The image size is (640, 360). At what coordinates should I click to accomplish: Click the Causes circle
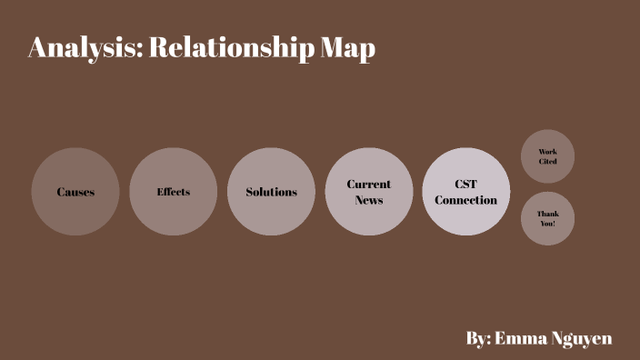(x=75, y=192)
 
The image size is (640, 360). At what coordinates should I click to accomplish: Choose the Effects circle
(x=174, y=192)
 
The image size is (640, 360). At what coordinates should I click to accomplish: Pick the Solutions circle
(x=271, y=192)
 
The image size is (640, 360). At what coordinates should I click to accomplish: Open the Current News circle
(x=369, y=192)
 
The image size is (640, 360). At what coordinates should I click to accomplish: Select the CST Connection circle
(x=466, y=192)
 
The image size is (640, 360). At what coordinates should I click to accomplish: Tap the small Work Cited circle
(x=547, y=156)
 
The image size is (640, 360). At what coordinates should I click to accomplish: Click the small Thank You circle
(x=547, y=218)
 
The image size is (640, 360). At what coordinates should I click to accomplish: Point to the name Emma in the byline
(x=523, y=338)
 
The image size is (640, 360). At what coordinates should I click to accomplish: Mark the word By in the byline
(x=478, y=338)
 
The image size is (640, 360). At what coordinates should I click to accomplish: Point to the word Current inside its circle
(x=369, y=185)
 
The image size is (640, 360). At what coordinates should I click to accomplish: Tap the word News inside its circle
(x=369, y=200)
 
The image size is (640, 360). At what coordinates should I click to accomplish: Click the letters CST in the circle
(x=466, y=184)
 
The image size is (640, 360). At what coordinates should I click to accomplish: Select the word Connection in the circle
(x=466, y=200)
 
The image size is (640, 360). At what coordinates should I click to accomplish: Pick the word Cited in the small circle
(x=547, y=162)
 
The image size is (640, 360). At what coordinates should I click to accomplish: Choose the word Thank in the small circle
(x=547, y=213)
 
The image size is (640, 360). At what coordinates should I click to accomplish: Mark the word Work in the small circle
(x=547, y=152)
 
